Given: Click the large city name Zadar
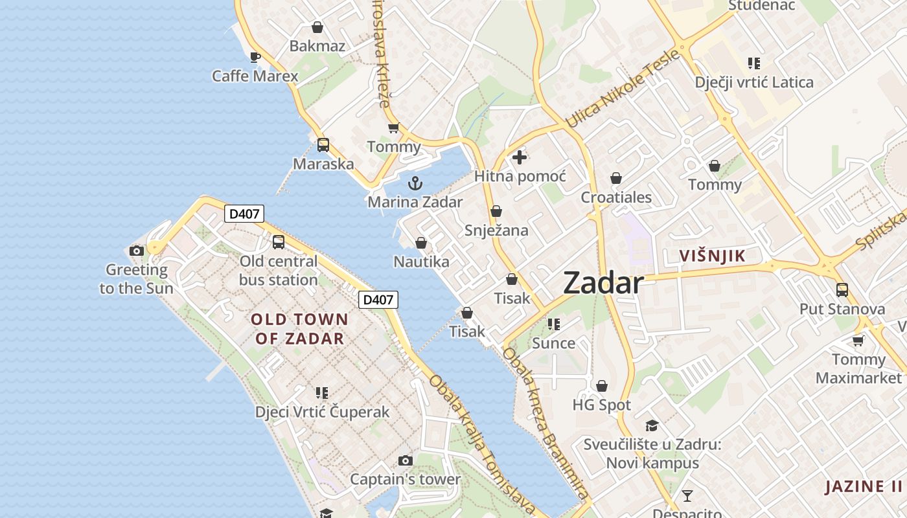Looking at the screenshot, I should click(603, 283).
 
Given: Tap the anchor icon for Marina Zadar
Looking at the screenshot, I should click(415, 183).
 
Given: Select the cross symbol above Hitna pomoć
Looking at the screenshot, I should click(520, 157).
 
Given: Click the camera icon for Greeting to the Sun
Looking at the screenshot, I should click(136, 251).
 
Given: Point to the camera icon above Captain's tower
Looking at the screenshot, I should click(406, 460).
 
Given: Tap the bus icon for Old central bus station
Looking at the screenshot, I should click(279, 242).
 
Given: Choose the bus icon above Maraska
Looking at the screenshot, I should click(323, 145).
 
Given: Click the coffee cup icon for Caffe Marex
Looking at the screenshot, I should click(255, 57).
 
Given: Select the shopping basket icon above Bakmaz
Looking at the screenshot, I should click(317, 27).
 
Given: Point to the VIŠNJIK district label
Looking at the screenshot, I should click(712, 256).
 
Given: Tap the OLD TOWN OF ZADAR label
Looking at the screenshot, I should click(299, 328).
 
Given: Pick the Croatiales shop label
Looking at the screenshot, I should click(616, 197).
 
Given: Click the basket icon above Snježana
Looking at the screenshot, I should click(496, 211).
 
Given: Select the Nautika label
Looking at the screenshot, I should click(421, 262).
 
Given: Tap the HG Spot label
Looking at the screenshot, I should click(601, 405).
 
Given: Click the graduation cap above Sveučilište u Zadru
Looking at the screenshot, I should click(652, 425).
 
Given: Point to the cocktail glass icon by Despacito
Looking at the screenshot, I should click(687, 496).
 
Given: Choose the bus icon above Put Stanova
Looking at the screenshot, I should click(842, 290).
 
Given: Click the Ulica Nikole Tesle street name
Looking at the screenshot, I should click(623, 88).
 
